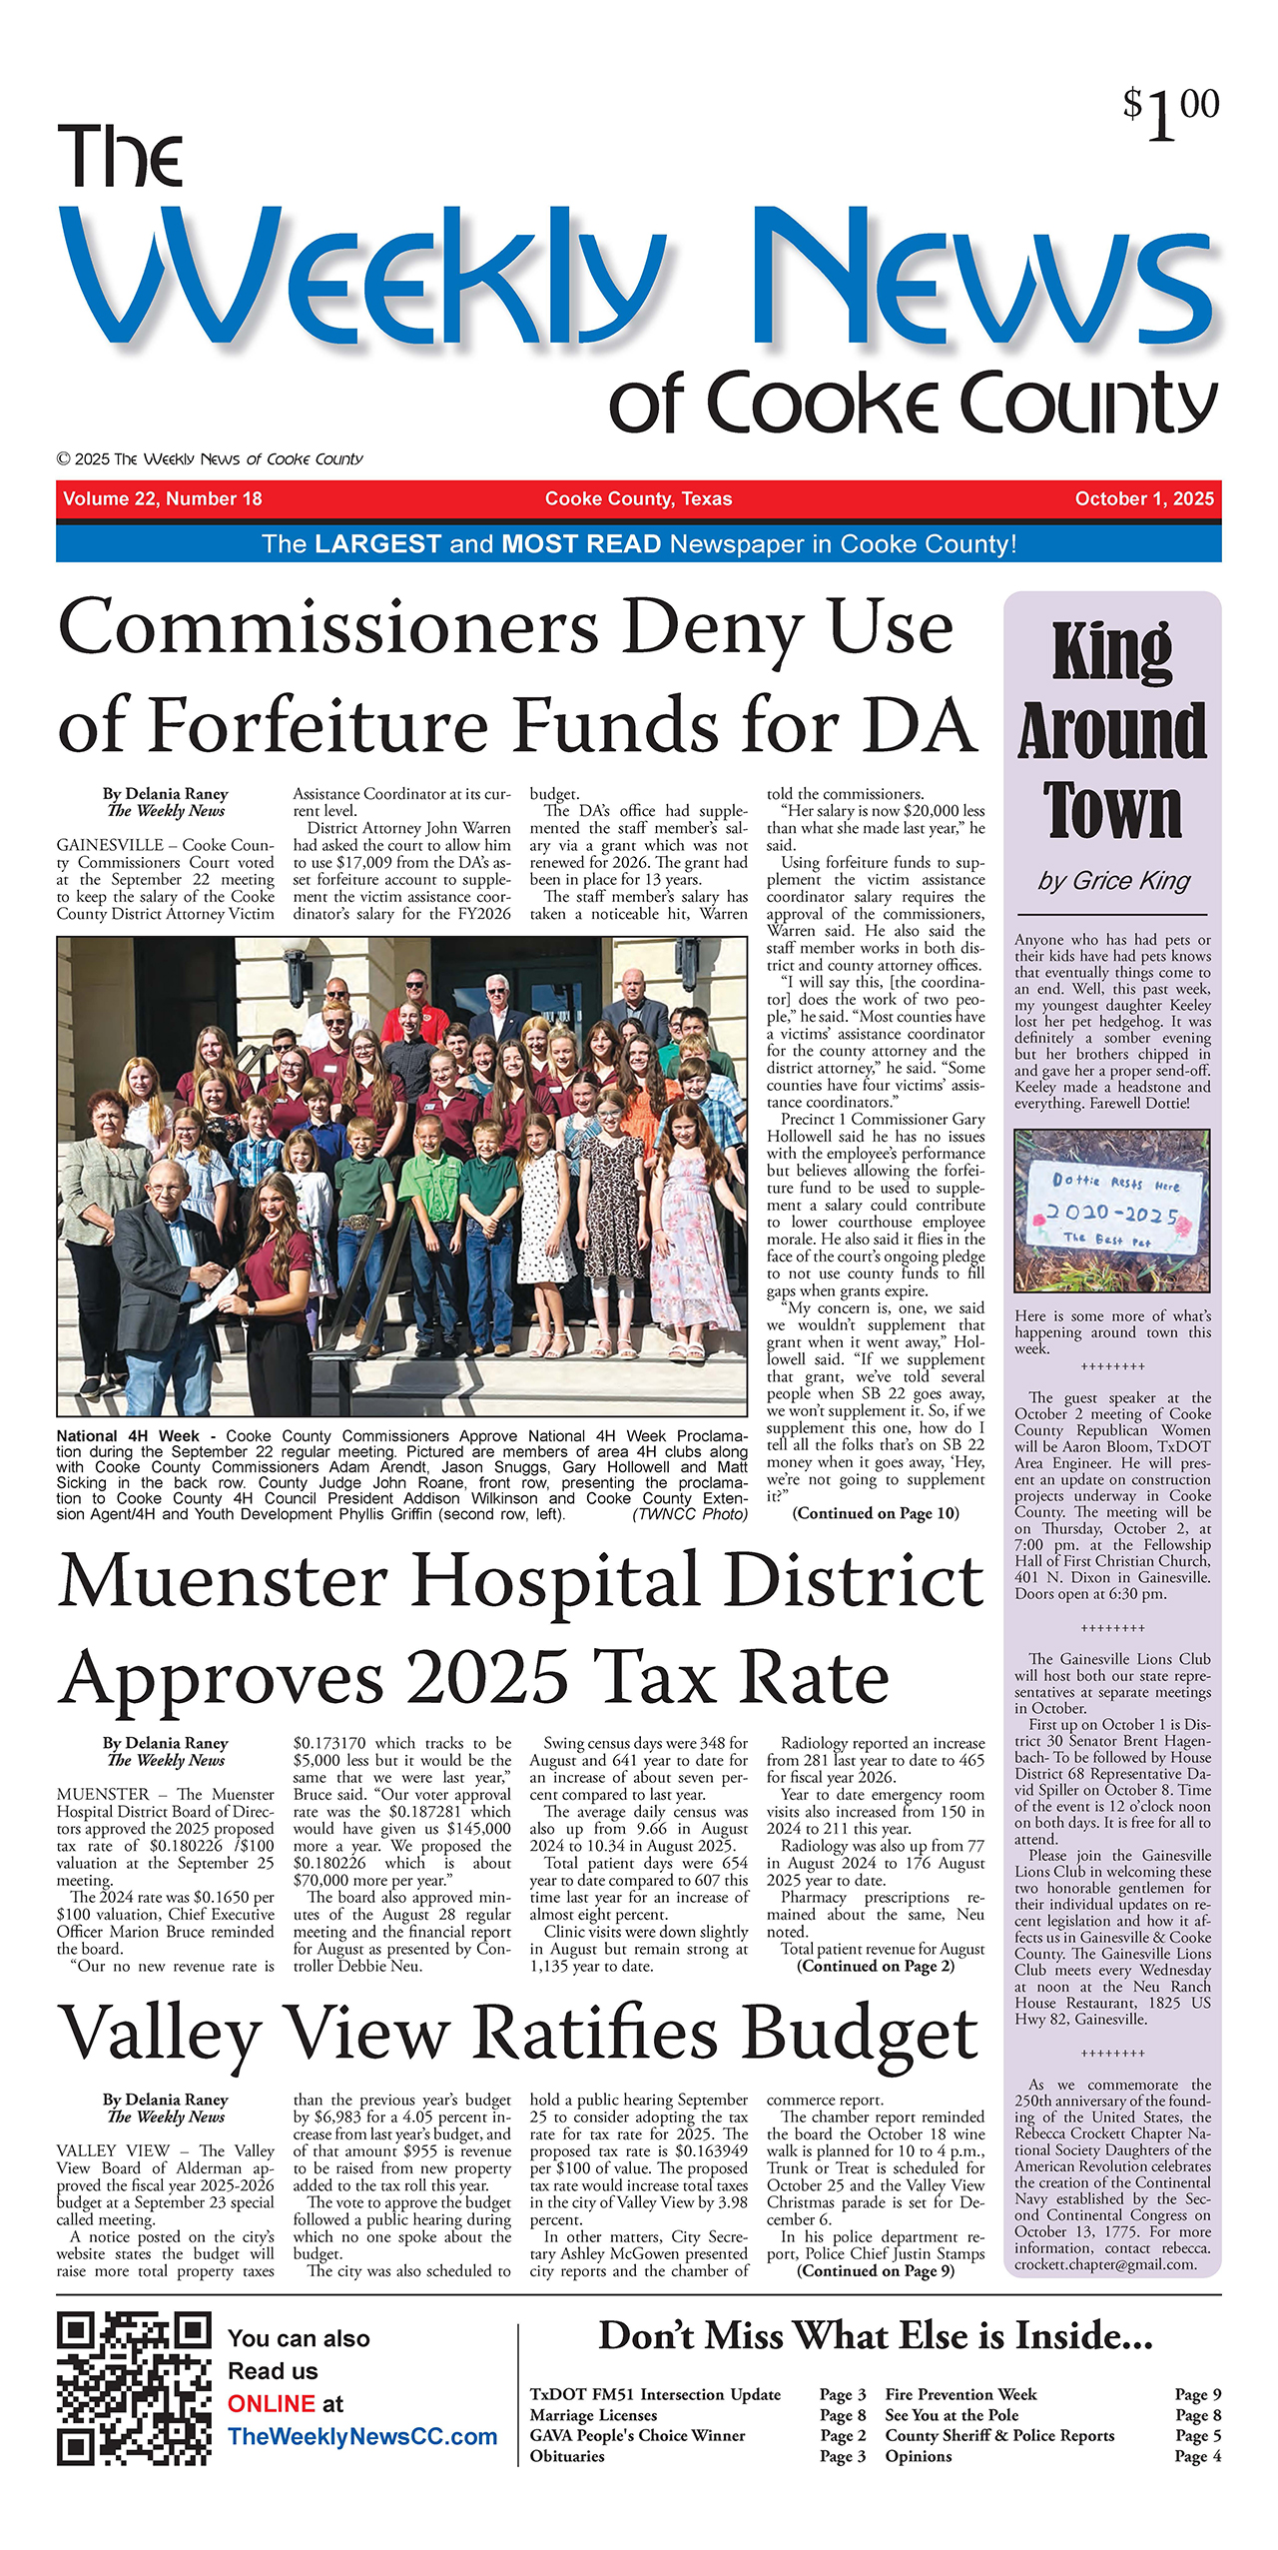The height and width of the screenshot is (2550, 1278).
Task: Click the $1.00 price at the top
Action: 1170,113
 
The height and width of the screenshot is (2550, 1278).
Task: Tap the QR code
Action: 134,2389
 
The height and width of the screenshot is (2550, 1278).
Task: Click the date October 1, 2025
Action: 1144,498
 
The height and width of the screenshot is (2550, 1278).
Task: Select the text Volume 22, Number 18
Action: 163,498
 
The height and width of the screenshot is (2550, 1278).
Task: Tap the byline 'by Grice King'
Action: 1113,880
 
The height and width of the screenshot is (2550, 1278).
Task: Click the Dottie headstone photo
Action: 1111,1210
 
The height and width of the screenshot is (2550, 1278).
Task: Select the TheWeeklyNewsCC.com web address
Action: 362,2436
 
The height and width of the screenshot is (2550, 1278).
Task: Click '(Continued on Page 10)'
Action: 876,1513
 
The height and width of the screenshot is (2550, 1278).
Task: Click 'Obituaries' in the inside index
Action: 567,2456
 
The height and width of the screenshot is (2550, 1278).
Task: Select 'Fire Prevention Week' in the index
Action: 960,2394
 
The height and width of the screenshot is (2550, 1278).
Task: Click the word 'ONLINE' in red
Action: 272,2403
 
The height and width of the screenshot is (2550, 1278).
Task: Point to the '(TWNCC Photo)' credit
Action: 690,1514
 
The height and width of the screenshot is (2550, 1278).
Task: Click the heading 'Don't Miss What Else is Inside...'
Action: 875,2336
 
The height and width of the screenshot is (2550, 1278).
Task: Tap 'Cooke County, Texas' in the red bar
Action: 638,498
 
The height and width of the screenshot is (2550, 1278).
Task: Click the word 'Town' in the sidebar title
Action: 1112,810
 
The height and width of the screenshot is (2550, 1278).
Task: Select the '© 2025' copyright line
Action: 210,459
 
